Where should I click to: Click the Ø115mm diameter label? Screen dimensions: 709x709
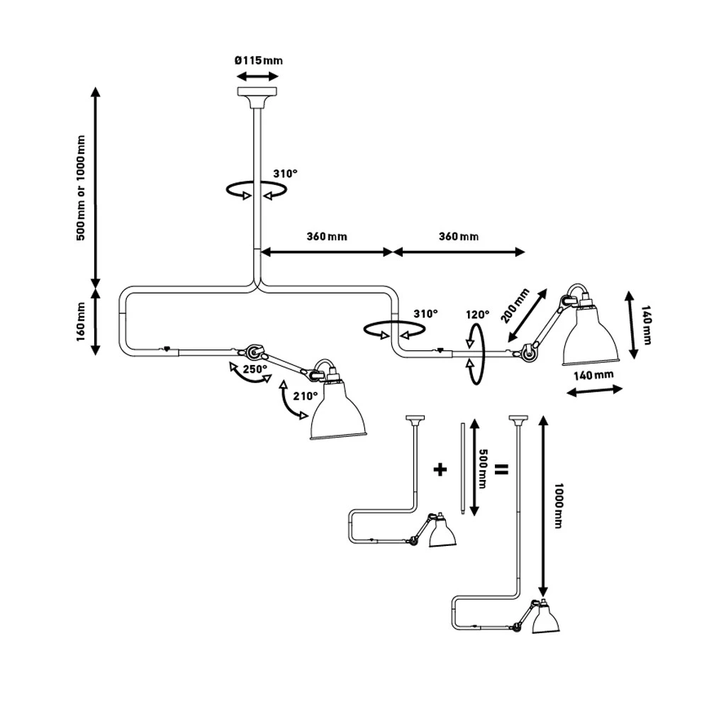click(x=258, y=60)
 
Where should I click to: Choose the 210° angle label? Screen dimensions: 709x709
click(x=305, y=396)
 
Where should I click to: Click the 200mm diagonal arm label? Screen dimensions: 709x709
click(x=515, y=305)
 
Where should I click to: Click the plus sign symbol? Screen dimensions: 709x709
click(x=440, y=469)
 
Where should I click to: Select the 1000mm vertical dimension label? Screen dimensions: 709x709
click(x=558, y=508)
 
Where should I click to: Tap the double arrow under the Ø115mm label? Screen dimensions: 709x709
click(x=257, y=76)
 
